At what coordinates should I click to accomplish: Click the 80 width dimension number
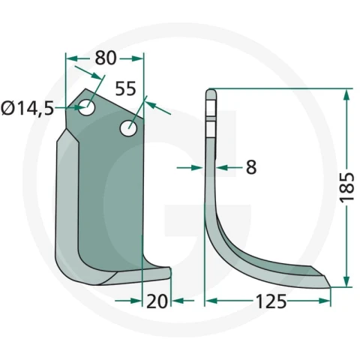106,58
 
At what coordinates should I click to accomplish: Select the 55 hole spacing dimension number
125,88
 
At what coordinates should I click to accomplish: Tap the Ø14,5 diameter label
27,109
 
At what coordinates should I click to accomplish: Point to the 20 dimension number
157,301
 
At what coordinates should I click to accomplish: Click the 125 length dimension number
271,301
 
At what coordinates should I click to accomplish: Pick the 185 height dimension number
347,187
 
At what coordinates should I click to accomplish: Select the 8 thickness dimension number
251,167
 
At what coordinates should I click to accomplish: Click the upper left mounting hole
86,107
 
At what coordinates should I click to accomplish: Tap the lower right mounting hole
128,128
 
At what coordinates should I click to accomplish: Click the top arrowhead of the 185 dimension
346,95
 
